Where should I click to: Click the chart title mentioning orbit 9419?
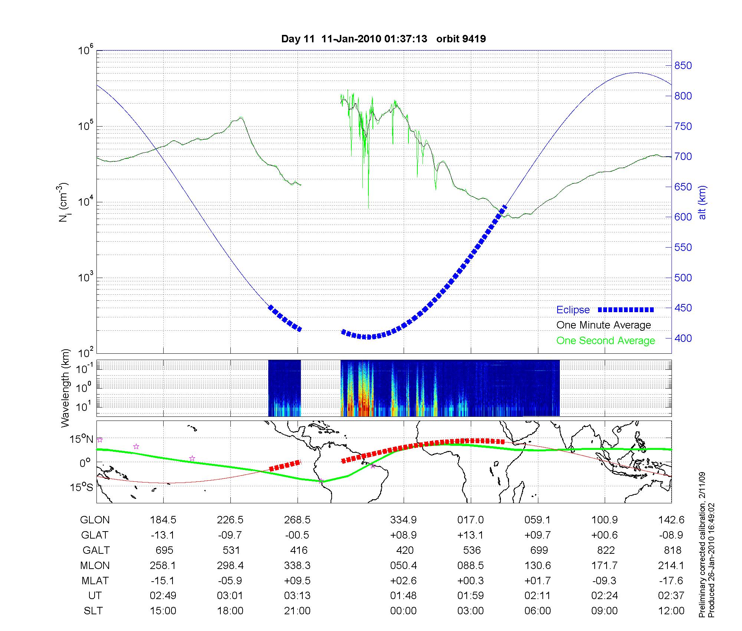tap(384, 39)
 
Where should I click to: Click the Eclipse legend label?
tap(573, 310)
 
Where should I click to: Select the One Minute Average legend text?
tap(604, 325)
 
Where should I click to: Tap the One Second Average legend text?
tap(605, 341)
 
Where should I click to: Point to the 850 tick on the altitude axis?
tap(683, 66)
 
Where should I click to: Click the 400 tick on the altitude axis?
tap(683, 338)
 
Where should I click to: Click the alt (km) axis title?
tap(703, 202)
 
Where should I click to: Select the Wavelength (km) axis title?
tap(66, 388)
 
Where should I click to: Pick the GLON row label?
tap(95, 520)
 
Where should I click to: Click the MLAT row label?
tap(95, 581)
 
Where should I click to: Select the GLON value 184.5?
tap(163, 520)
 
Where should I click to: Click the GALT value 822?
tap(606, 550)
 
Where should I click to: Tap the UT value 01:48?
tap(403, 596)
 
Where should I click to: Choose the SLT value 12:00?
tap(671, 611)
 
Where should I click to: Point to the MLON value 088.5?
tap(470, 565)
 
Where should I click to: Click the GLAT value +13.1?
tap(470, 535)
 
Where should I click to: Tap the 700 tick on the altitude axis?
tap(683, 157)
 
